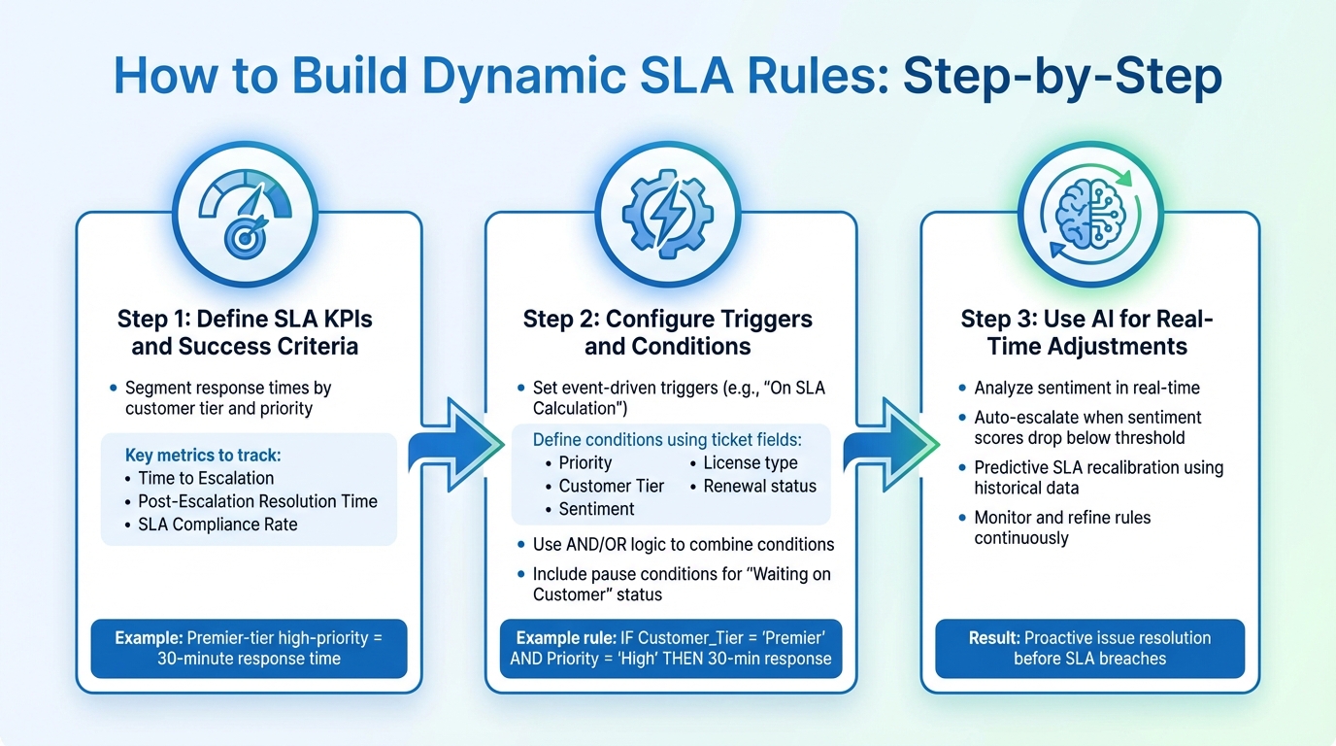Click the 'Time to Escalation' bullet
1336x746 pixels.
point(206,478)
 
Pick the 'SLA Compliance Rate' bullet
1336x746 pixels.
point(217,525)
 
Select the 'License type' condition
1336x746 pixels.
point(750,462)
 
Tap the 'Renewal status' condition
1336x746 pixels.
point(759,486)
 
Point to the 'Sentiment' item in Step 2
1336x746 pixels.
point(596,509)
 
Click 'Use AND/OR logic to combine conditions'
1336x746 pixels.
point(683,544)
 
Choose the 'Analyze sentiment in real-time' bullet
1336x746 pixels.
point(1086,388)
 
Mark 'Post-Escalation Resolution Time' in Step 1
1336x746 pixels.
point(257,501)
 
